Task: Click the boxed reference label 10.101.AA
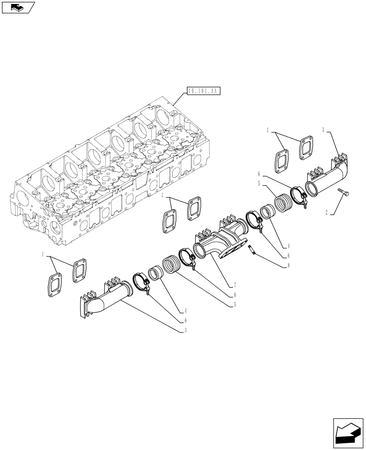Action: [x=201, y=91]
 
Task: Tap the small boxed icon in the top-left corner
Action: [x=17, y=7]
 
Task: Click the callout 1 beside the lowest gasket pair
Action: [x=43, y=254]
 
